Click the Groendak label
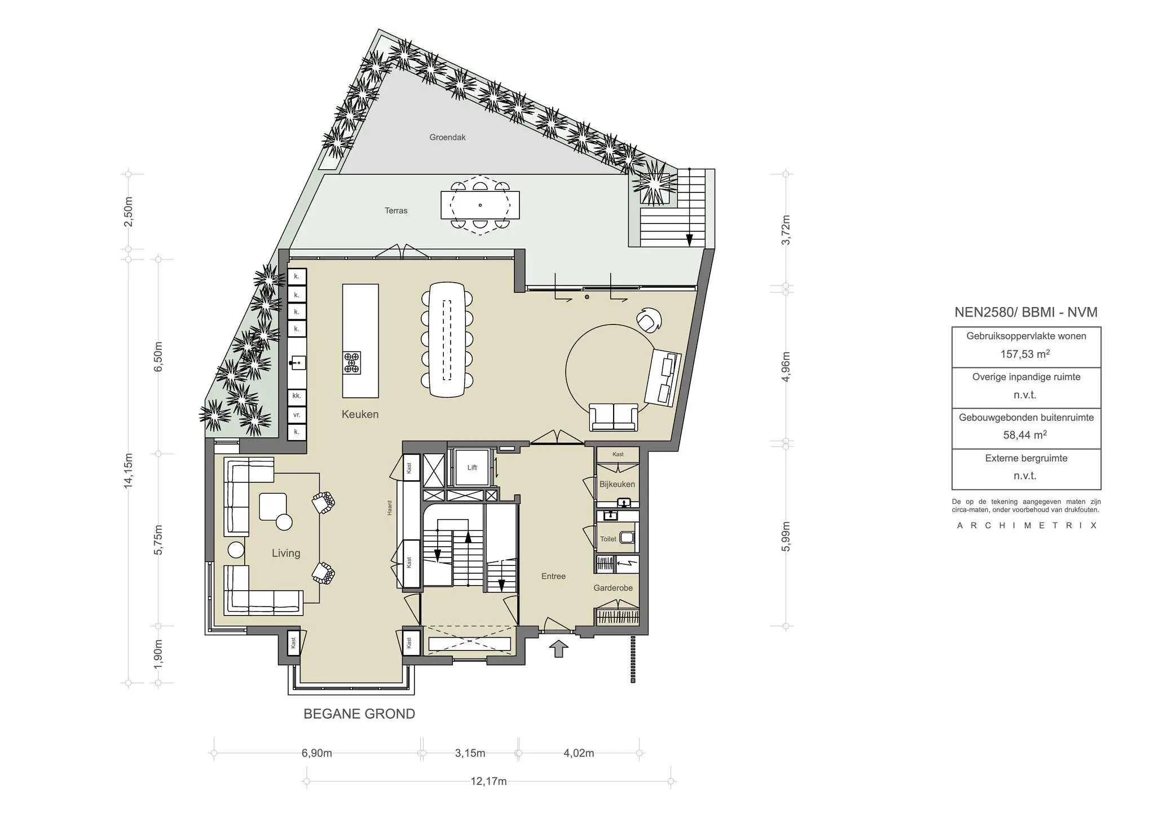click(x=447, y=137)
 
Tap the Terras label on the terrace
click(x=396, y=210)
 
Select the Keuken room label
click(x=360, y=414)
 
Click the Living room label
click(x=286, y=553)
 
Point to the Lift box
click(x=471, y=467)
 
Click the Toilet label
click(x=608, y=539)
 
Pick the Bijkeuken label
click(x=617, y=484)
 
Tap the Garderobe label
click(x=613, y=588)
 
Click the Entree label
click(x=553, y=576)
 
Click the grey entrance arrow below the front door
click(x=558, y=649)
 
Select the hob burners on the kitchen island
click(x=352, y=363)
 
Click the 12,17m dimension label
click(x=488, y=781)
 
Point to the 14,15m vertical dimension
click(x=129, y=471)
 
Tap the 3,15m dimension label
click(x=470, y=753)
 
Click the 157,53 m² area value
click(x=1025, y=354)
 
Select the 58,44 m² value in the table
click(x=1025, y=435)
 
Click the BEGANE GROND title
click(x=359, y=714)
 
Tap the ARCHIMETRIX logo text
click(x=1026, y=525)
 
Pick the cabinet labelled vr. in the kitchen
click(x=297, y=415)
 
